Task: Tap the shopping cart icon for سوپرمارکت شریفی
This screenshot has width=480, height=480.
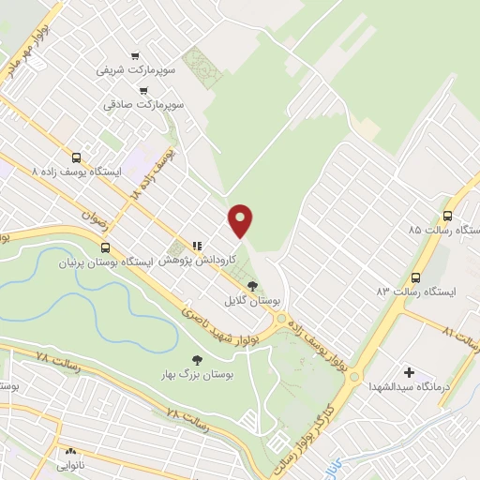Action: [x=137, y=54]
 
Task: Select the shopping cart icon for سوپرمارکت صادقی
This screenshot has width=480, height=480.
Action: [x=142, y=91]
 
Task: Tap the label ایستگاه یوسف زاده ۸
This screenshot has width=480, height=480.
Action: [x=76, y=172]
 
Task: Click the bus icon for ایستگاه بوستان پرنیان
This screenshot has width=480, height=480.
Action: [x=104, y=248]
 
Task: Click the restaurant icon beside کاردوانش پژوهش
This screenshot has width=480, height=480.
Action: [x=197, y=239]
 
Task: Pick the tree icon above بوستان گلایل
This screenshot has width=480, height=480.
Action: [x=251, y=286]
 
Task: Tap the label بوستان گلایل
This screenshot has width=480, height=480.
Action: [x=240, y=302]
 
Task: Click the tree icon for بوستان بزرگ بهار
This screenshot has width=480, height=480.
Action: [x=196, y=358]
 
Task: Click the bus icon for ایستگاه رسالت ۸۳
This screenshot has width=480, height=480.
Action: [x=415, y=277]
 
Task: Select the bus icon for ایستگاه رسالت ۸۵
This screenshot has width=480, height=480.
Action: [x=447, y=214]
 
